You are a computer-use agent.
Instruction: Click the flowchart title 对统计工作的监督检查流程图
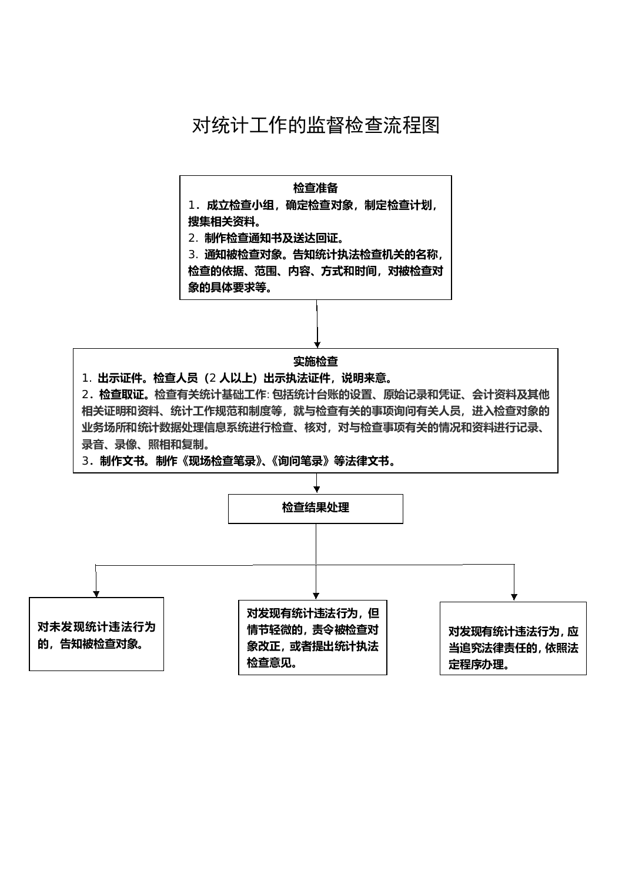(x=316, y=125)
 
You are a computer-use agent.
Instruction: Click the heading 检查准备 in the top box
(x=316, y=188)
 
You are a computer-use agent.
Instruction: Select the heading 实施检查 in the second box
(x=316, y=361)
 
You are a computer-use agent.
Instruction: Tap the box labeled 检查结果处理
(x=316, y=508)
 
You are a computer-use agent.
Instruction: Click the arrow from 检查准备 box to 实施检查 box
(x=317, y=323)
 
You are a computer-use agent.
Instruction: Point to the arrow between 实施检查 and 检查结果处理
(x=317, y=483)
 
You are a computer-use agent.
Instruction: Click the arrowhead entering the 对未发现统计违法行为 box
(x=96, y=593)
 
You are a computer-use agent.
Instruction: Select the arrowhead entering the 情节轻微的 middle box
(x=316, y=595)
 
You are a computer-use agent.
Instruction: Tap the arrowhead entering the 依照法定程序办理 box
(x=514, y=596)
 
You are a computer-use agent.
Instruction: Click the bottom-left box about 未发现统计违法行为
(x=96, y=634)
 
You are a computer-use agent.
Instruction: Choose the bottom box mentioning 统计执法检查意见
(x=312, y=638)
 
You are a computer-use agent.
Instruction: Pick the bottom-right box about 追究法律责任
(x=513, y=639)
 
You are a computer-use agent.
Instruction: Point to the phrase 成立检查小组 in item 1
(x=240, y=205)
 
